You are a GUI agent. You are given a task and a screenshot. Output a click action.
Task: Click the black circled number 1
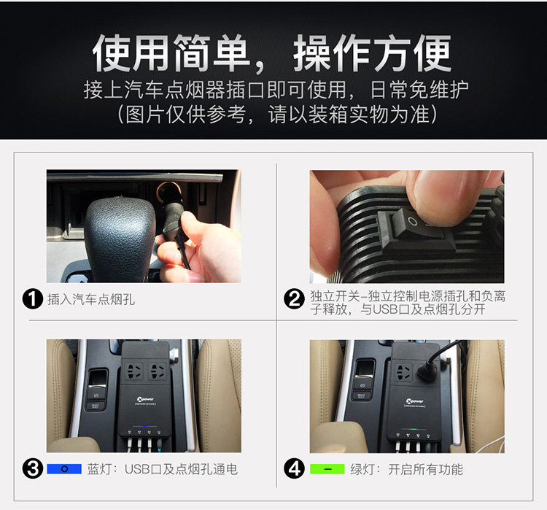(x=32, y=299)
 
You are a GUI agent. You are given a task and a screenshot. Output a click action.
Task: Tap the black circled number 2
(x=294, y=299)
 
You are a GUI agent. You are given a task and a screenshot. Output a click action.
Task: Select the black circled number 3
(x=32, y=468)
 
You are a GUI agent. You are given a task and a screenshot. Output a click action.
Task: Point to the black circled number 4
(x=294, y=468)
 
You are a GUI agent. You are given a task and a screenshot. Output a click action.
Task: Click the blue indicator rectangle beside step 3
(x=64, y=469)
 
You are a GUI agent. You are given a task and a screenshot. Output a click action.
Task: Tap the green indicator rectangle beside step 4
(x=327, y=469)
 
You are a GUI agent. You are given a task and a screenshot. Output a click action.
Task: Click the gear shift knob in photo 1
(x=120, y=237)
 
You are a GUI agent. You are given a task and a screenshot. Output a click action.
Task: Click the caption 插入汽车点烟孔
(x=91, y=300)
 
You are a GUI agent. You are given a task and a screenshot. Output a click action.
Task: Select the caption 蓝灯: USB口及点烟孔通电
(x=163, y=469)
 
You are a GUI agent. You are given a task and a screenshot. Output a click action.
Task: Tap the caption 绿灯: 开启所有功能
(x=407, y=469)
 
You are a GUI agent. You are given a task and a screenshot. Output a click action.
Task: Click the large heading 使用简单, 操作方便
(x=272, y=53)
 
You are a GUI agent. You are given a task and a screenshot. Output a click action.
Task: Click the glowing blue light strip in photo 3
(x=144, y=427)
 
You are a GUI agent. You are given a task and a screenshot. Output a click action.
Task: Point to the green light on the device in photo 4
(x=413, y=429)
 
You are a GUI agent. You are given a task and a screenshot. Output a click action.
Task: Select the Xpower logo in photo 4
(x=414, y=402)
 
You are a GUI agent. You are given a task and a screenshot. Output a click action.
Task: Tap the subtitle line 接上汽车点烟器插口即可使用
(x=214, y=90)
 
